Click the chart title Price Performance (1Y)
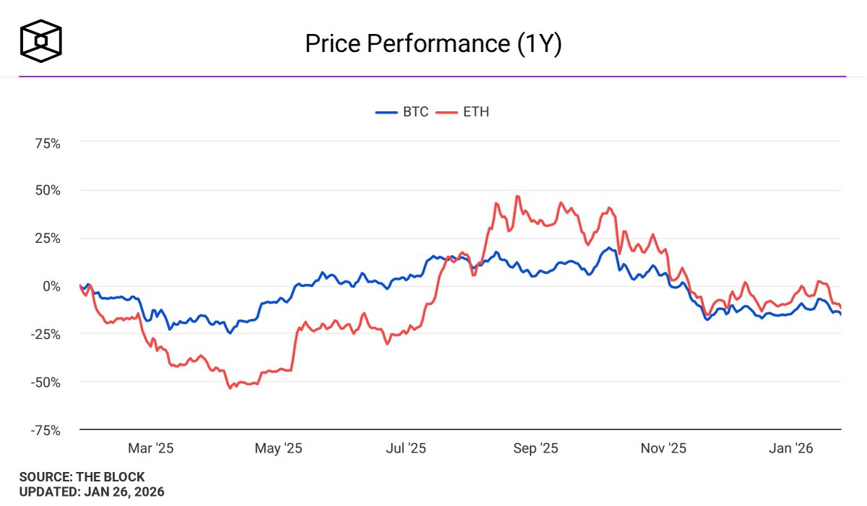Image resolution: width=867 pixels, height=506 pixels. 433,43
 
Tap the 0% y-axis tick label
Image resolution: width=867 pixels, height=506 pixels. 51,286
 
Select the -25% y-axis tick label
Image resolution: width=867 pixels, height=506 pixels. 45,334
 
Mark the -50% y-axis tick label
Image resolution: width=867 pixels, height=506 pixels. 45,382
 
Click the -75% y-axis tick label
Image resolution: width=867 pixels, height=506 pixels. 45,429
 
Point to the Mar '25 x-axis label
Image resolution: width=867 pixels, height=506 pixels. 150,449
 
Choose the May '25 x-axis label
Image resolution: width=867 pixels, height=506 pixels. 278,449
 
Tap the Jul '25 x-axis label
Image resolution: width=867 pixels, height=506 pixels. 406,449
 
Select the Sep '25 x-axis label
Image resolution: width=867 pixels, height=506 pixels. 535,449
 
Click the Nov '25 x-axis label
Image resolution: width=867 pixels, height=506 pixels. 664,449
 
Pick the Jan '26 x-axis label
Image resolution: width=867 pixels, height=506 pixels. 791,449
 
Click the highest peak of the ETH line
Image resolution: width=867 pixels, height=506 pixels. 517,196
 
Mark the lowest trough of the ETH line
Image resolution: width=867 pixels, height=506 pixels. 230,388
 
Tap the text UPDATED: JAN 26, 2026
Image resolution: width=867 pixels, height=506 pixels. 92,492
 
